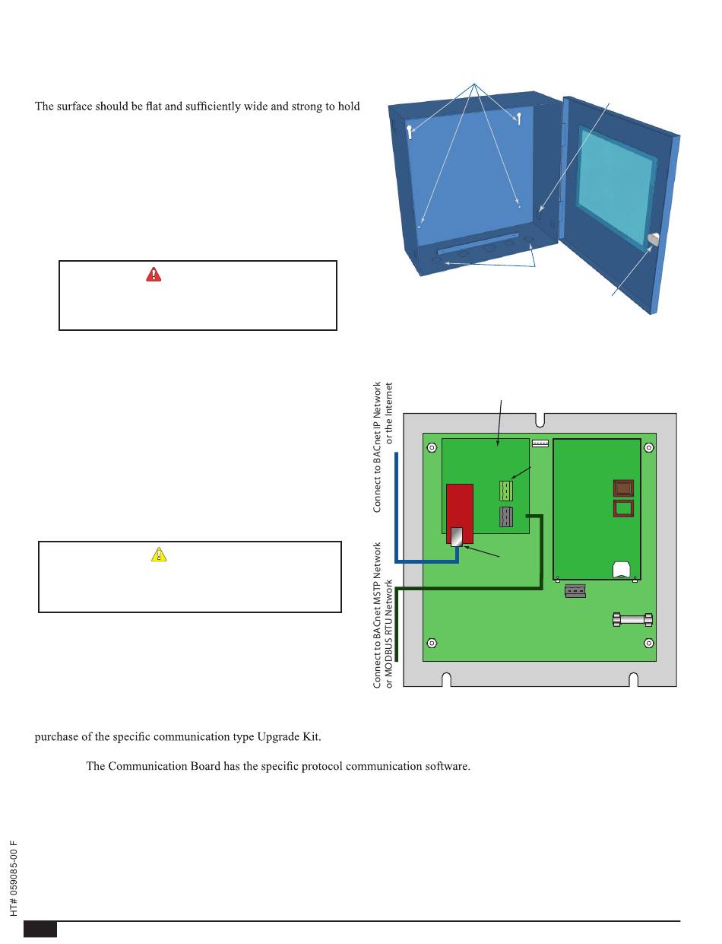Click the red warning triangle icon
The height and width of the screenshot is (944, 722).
pos(154,274)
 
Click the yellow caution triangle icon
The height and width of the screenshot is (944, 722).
pos(158,555)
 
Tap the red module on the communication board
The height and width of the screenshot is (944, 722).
pos(459,507)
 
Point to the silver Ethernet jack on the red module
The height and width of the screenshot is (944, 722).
pos(457,537)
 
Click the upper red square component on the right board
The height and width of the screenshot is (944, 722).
pos(622,488)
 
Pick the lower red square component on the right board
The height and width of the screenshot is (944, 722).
pos(622,507)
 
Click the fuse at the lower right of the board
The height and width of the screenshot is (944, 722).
pos(632,621)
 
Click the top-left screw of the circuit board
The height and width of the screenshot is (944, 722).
pos(432,448)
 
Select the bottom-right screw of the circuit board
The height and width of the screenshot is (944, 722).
pos(648,643)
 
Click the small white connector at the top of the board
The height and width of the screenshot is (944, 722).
pos(540,443)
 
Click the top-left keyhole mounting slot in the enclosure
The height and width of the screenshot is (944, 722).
pos(410,132)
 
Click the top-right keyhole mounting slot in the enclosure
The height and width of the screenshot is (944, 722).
pos(518,118)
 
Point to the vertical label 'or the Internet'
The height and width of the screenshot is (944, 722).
pos(389,413)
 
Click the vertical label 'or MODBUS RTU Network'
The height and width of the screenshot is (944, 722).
pos(389,634)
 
